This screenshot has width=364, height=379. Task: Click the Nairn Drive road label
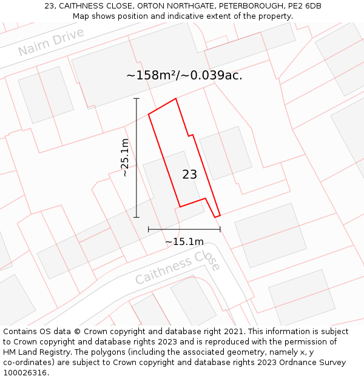point(51,42)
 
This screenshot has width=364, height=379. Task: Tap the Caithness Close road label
point(177,269)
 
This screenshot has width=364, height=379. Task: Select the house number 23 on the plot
point(189,175)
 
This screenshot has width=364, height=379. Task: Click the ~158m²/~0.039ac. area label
point(184,76)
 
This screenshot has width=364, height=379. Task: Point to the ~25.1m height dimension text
point(124,158)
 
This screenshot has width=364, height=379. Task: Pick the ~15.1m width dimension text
point(184,242)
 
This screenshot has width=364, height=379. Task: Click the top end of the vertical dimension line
point(136,98)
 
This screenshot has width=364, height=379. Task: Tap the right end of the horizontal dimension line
point(220,229)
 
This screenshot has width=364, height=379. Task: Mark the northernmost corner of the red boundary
point(176,98)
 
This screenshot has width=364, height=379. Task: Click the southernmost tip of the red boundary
point(215,217)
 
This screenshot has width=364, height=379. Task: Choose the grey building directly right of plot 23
point(225,153)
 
